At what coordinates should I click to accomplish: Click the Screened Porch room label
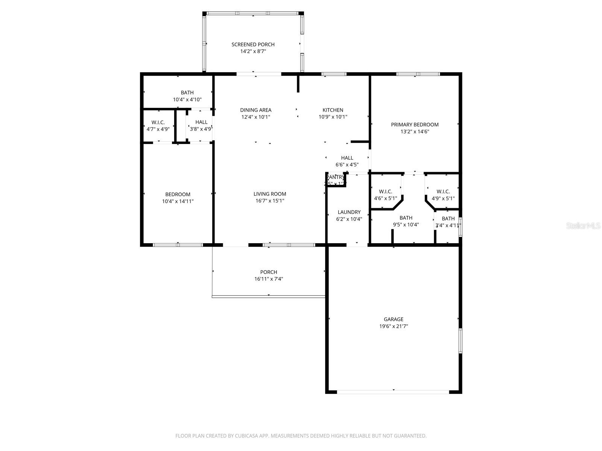click(253, 44)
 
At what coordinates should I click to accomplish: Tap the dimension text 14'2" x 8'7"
click(253, 51)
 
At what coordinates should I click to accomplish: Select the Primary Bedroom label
click(415, 124)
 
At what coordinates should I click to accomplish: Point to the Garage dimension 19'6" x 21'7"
click(394, 327)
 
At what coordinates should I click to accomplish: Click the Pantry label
click(335, 177)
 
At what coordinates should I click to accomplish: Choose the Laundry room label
click(349, 212)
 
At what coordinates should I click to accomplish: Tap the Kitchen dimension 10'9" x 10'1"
click(333, 117)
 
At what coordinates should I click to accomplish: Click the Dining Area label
click(255, 110)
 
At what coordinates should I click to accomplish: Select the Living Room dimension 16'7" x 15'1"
click(269, 201)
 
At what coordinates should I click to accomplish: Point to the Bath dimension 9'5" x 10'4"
click(406, 225)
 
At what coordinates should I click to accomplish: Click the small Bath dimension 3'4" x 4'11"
click(448, 225)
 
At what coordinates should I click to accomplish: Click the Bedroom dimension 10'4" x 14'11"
click(178, 201)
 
